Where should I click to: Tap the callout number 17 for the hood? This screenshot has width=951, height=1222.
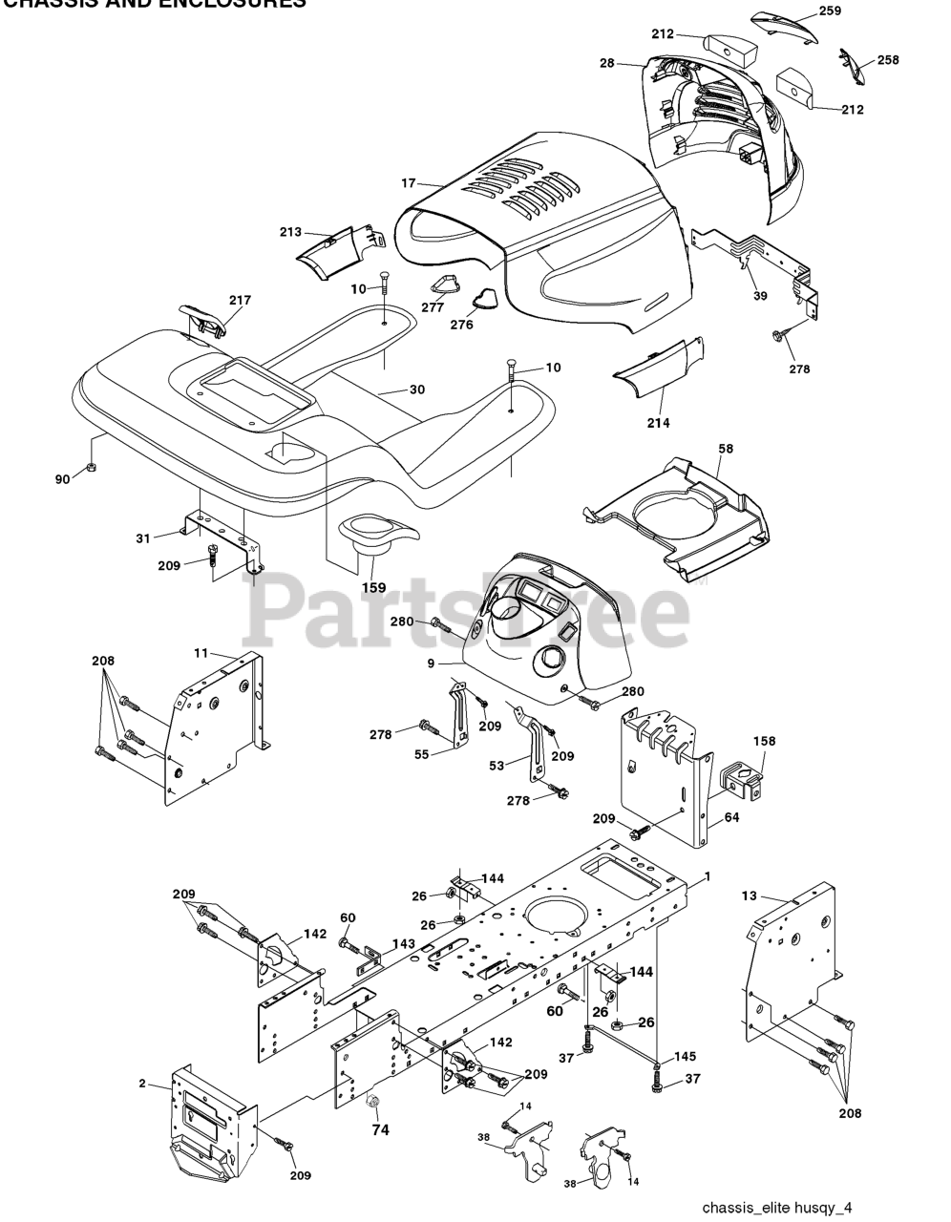pyautogui.click(x=409, y=181)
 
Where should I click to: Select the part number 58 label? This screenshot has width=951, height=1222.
pyautogui.click(x=727, y=447)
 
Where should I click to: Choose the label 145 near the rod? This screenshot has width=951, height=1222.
pyautogui.click(x=686, y=1057)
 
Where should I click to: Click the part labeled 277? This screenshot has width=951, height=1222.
pyautogui.click(x=441, y=284)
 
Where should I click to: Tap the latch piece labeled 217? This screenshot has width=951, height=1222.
pyautogui.click(x=202, y=322)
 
